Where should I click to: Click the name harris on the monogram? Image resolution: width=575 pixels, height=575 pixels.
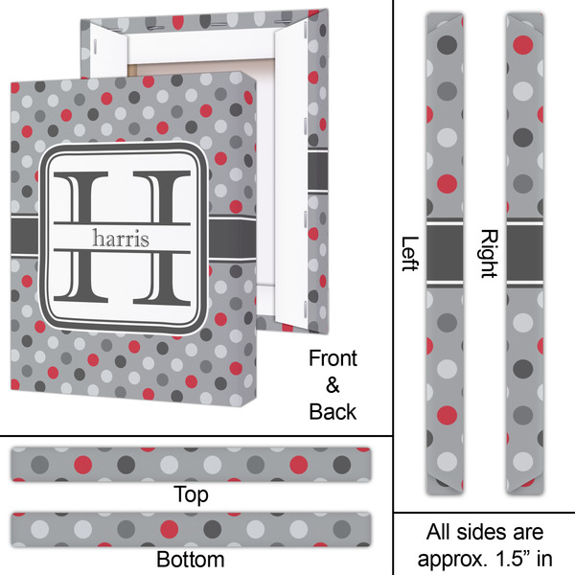coord(121,239)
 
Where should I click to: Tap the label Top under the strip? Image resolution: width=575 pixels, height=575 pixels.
coord(191,494)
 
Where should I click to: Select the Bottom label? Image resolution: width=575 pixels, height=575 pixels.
coord(191,560)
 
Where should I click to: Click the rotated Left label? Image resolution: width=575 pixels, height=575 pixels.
coord(410,254)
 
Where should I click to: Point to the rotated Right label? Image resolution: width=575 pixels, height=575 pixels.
coord(489,254)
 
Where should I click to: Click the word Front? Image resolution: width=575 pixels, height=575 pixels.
coord(333,358)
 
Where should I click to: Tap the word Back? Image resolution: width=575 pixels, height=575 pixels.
coord(333,412)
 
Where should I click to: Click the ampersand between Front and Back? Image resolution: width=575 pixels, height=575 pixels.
coord(333,385)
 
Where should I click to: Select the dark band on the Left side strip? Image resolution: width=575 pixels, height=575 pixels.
coord(445,253)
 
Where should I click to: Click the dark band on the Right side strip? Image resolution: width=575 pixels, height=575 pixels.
coord(525,253)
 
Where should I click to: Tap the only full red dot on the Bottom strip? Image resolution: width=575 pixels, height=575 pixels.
coord(170,529)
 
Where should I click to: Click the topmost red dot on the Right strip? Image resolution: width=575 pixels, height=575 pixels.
coord(523,44)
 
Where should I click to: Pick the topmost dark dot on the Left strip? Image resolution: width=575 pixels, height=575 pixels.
coord(447,44)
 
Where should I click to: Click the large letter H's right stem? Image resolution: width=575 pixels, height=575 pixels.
coord(162,238)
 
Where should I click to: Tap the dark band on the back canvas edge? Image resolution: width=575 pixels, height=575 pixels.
coord(317,172)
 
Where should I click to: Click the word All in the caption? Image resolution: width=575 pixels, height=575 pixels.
coord(438,532)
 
